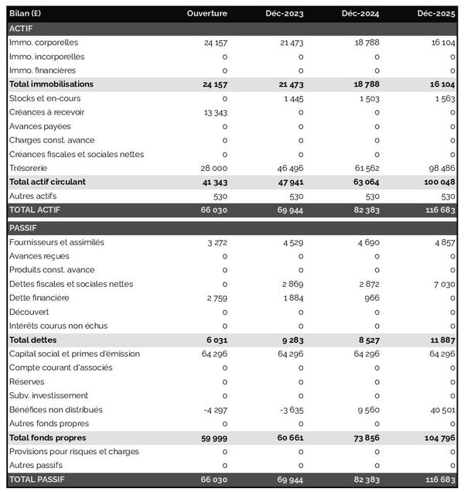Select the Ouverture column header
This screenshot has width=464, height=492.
click(x=207, y=13)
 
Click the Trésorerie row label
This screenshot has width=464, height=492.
click(x=28, y=168)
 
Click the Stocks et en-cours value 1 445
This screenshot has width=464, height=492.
click(x=292, y=98)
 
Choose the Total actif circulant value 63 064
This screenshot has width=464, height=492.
click(x=364, y=182)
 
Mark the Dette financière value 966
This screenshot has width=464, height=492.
click(x=372, y=298)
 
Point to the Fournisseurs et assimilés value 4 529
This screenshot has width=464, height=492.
click(x=291, y=242)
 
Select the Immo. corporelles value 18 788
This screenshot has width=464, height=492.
click(x=366, y=43)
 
